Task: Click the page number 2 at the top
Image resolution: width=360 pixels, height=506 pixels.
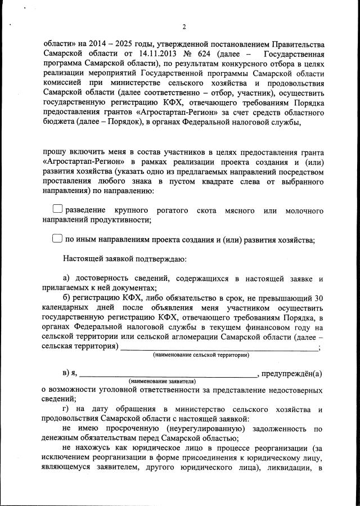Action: pos(184,26)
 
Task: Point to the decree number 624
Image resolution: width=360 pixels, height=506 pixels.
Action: pos(206,54)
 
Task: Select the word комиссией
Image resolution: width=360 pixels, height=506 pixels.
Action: pos(61,84)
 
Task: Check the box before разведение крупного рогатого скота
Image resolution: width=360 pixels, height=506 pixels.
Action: pos(57,210)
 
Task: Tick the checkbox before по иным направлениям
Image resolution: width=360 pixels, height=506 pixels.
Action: pos(57,239)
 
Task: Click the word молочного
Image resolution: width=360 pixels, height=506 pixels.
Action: pos(304,211)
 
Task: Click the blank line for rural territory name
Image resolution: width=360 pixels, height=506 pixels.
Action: pos(219,348)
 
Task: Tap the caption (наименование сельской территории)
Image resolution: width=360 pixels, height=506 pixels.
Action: pos(201,355)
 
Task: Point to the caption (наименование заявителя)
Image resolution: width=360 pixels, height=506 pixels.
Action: pos(162,382)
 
